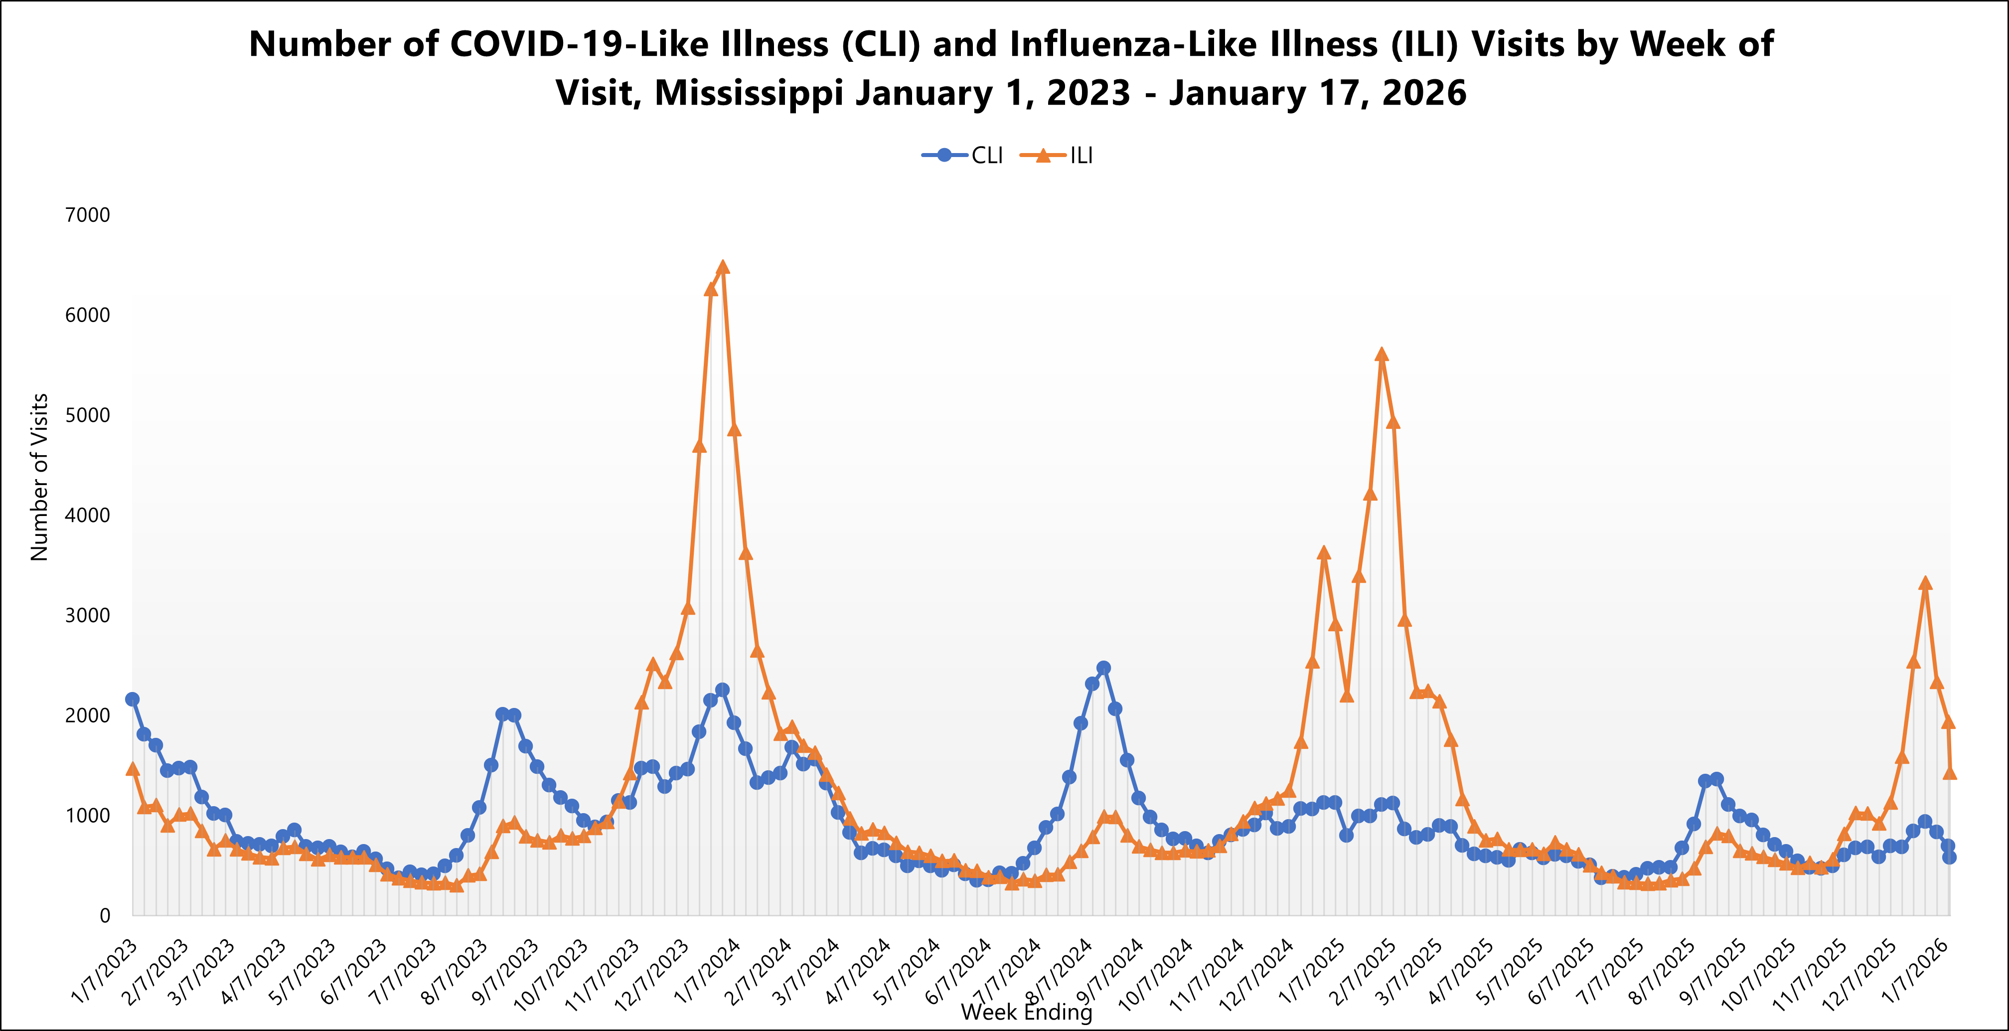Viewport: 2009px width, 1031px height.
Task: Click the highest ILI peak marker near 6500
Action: [x=722, y=268]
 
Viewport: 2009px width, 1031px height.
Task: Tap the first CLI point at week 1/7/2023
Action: [x=133, y=699]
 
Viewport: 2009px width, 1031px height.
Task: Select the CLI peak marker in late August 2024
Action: [x=1103, y=669]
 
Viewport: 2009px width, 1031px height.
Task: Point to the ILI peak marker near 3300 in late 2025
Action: [x=1925, y=583]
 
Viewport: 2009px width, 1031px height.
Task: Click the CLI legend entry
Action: [x=963, y=155]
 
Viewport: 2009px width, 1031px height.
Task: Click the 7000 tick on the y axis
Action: [x=87, y=215]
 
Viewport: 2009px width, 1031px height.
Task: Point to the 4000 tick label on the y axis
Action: [x=87, y=515]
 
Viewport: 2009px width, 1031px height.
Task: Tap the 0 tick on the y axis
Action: [x=105, y=915]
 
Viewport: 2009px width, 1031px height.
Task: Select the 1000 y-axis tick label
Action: [x=87, y=816]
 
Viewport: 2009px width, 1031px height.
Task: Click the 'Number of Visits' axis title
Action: [x=39, y=477]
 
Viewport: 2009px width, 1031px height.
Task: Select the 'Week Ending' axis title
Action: [x=1026, y=1012]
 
